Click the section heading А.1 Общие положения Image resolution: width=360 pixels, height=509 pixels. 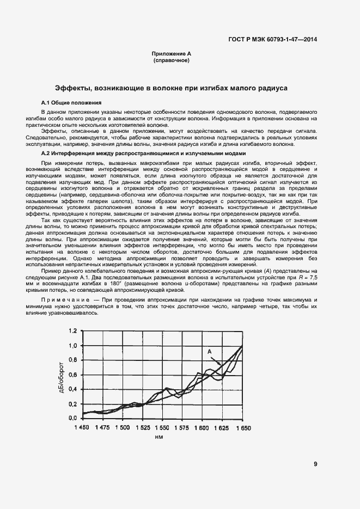click(71, 102)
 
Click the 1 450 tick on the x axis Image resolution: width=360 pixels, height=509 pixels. click(82, 428)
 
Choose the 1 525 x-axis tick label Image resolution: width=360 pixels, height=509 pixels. click(142, 428)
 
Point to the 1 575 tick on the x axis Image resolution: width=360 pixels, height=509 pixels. click(182, 428)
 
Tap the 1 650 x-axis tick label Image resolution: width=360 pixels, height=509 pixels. click(243, 428)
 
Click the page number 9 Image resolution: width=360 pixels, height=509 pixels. click(315, 464)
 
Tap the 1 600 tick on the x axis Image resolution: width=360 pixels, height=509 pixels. click(203, 428)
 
